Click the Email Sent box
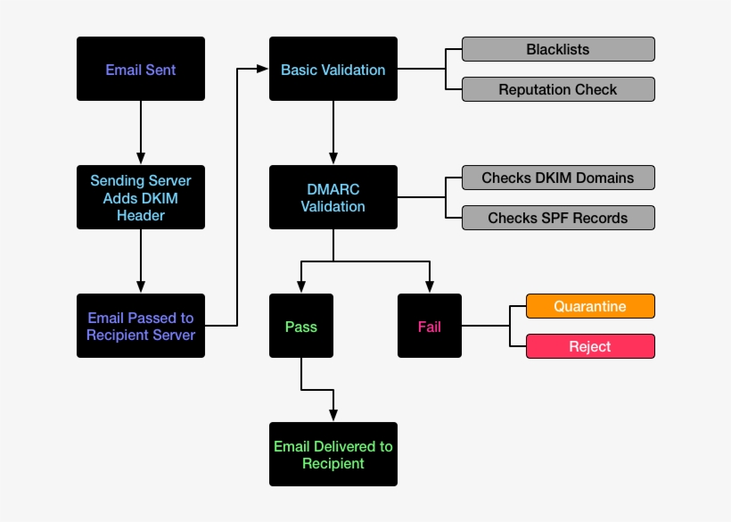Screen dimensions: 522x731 141,69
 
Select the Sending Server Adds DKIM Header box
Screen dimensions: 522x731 141,197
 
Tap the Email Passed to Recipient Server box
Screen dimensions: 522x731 141,326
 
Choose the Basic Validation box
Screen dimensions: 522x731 333,69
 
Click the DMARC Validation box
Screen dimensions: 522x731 333,197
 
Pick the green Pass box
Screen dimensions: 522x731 301,326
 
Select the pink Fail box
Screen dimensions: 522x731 430,326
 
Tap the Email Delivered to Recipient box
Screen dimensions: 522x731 333,454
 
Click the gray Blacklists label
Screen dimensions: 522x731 558,49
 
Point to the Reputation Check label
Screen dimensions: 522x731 558,89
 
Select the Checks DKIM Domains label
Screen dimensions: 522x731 558,178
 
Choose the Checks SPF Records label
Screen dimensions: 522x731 558,218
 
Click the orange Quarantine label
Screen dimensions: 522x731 590,306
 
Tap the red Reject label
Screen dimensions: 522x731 590,346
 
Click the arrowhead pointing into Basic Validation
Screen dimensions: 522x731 263,69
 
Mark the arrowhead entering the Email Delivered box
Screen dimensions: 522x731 333,415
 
